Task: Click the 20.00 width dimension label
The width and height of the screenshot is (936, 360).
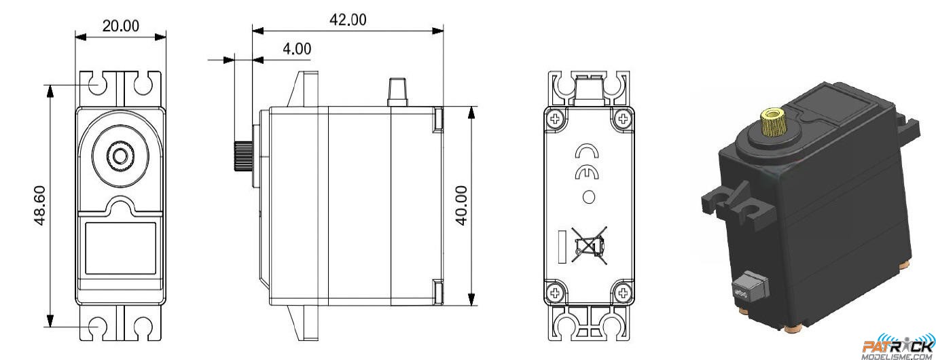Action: pos(121,26)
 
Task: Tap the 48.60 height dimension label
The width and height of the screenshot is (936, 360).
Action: pos(39,206)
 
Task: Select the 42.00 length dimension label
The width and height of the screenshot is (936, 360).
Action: pos(348,20)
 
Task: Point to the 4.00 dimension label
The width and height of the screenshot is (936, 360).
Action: pos(297,49)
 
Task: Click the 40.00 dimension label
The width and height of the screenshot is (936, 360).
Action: pos(461,206)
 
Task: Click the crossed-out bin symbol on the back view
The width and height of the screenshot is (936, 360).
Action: pos(590,246)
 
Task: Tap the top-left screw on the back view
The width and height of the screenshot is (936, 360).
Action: pos(556,119)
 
